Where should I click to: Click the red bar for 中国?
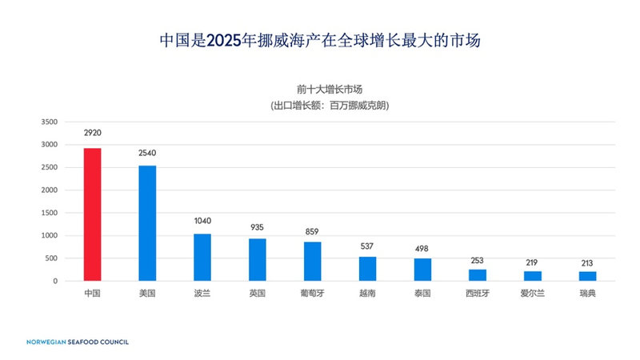point(92,214)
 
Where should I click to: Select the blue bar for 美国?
point(147,223)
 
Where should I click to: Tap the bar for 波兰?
point(202,257)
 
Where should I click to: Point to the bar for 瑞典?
point(587,276)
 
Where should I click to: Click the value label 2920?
point(92,133)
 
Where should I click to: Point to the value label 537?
point(367,246)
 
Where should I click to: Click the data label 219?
point(533,262)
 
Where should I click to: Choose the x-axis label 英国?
point(257,294)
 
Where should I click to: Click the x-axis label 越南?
point(367,294)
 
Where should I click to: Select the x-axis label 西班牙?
point(478,294)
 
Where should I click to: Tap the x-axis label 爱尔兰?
point(533,294)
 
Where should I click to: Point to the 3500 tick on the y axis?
point(50,122)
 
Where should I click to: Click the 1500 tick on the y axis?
point(50,213)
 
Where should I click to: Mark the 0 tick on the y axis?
point(55,281)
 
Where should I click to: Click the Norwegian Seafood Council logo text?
point(77,342)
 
